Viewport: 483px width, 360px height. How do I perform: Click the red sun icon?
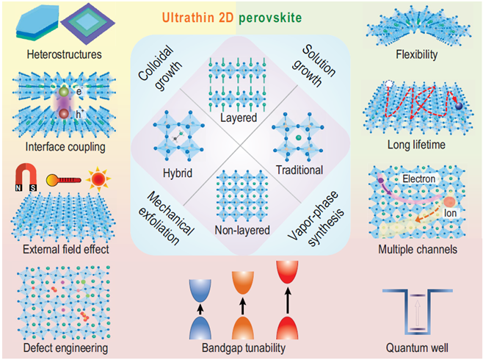[98, 178]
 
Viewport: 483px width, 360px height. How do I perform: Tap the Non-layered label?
[238, 228]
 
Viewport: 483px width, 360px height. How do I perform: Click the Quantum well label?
[418, 347]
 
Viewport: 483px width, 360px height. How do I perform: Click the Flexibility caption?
[415, 54]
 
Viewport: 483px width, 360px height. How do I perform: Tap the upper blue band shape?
[200, 287]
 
